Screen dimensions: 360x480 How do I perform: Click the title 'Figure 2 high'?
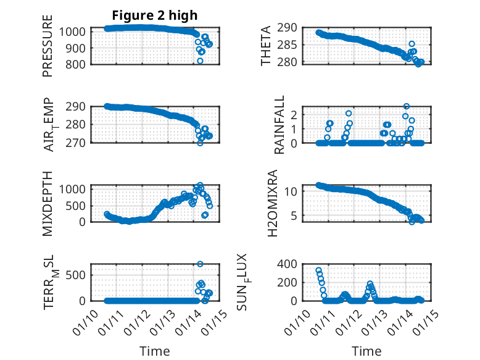tap(155, 15)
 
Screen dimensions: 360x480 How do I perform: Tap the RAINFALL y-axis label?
tap(279, 124)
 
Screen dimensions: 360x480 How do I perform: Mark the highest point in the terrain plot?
tap(200, 264)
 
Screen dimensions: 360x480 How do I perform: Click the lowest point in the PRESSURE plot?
tap(200, 61)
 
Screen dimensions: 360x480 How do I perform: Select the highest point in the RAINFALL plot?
tap(406, 106)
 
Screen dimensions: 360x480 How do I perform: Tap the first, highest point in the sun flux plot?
tap(318, 270)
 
